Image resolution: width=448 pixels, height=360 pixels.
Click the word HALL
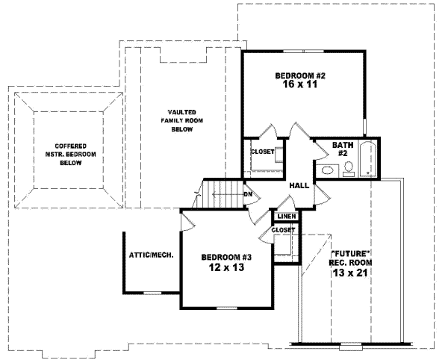click(299, 184)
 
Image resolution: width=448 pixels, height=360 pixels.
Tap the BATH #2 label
click(343, 150)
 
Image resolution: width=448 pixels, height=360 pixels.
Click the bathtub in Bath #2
click(367, 159)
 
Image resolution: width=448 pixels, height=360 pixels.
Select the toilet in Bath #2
click(348, 172)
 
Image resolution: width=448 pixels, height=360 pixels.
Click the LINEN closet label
click(287, 217)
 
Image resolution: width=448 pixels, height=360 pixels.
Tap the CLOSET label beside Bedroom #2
click(261, 152)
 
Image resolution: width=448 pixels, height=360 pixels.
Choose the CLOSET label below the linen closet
click(283, 230)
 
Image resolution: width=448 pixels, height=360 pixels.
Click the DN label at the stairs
click(247, 196)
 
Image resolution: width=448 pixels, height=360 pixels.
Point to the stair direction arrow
click(224, 196)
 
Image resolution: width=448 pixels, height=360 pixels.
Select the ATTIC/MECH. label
click(152, 255)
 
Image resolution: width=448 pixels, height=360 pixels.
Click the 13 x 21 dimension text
click(351, 273)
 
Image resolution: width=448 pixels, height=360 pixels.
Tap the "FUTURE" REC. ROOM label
click(351, 257)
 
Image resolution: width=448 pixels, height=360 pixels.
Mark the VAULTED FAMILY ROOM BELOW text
click(181, 120)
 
